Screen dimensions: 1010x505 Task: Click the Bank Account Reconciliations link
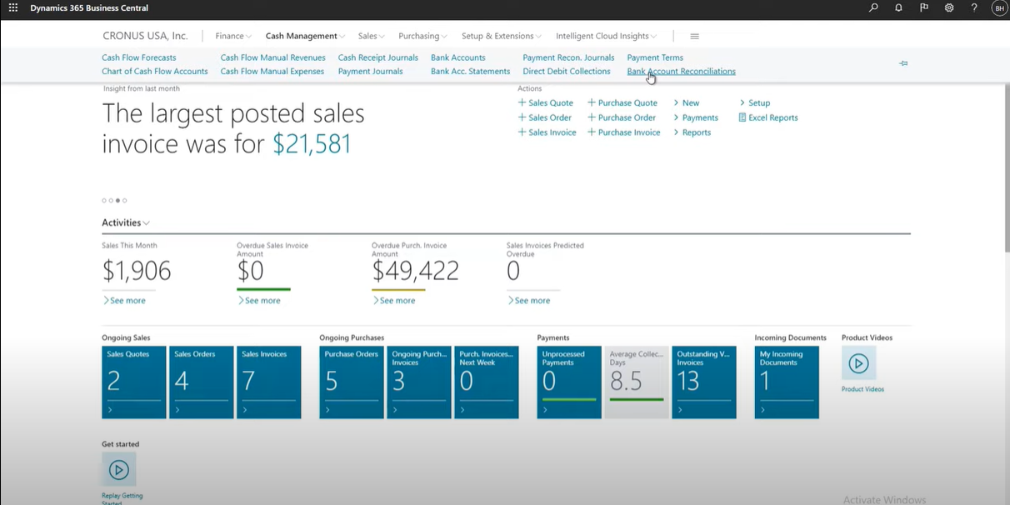pos(681,71)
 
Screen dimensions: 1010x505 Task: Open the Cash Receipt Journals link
pos(377,57)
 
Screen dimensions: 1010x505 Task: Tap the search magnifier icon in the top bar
pos(873,7)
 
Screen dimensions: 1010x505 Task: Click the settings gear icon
pos(949,7)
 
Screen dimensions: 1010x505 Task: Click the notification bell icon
pos(898,7)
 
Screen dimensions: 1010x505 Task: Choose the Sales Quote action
pos(546,102)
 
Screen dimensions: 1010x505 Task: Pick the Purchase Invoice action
pos(623,132)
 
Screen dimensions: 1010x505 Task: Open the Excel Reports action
pos(768,117)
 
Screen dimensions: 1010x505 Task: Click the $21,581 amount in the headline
pos(312,144)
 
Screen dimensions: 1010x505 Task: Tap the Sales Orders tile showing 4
pos(201,382)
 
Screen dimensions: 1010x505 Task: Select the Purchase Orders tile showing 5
pos(351,382)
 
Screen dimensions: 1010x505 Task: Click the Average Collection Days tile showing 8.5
pos(636,382)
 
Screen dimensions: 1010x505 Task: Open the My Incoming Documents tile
pos(787,382)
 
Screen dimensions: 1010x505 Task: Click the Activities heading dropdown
pos(125,222)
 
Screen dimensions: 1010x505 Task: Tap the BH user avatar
pos(999,8)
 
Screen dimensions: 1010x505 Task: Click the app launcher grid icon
pos(13,7)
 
